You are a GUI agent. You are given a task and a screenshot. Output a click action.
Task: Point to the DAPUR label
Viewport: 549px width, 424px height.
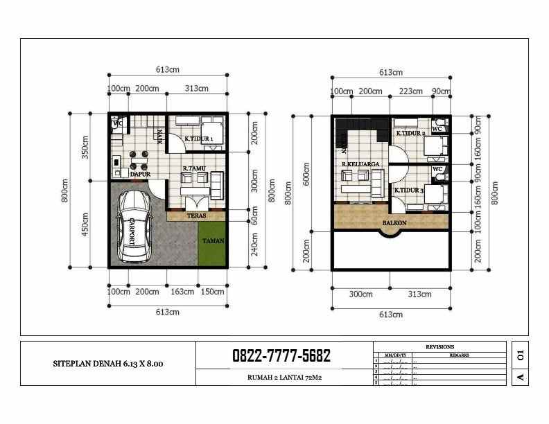tap(140, 175)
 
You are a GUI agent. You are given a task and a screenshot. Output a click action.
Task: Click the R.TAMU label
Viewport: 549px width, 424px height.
tap(192, 169)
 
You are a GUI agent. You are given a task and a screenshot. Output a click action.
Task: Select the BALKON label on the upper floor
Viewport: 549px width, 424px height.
tap(394, 224)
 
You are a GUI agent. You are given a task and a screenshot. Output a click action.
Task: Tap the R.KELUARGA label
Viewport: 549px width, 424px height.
tap(359, 164)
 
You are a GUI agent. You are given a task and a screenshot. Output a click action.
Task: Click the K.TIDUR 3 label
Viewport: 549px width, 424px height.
tap(409, 189)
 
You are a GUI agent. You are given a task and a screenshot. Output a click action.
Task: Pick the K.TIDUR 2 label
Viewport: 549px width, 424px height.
tap(410, 133)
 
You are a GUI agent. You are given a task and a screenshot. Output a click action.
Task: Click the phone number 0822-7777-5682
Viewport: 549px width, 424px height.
tap(281, 356)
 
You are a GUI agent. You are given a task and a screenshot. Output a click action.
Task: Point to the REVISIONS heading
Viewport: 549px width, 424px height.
tap(440, 347)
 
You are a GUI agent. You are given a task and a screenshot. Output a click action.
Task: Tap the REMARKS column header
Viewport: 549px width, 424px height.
tap(459, 355)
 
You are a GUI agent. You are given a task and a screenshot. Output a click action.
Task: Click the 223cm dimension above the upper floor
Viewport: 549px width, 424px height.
tap(411, 91)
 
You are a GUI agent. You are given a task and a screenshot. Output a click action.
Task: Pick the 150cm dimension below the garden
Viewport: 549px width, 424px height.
tap(213, 292)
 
